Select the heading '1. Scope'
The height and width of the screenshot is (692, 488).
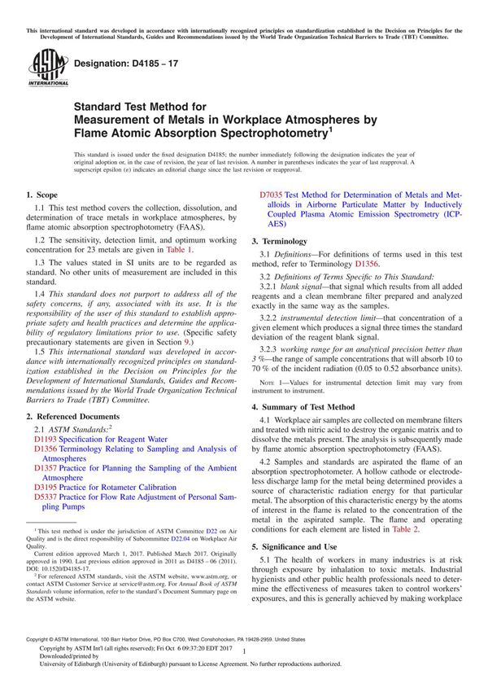41,195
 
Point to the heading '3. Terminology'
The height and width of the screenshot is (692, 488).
279,242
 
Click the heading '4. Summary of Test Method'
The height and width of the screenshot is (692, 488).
303,406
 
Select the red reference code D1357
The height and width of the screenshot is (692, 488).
46,469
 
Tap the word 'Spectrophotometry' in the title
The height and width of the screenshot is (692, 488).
259,129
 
